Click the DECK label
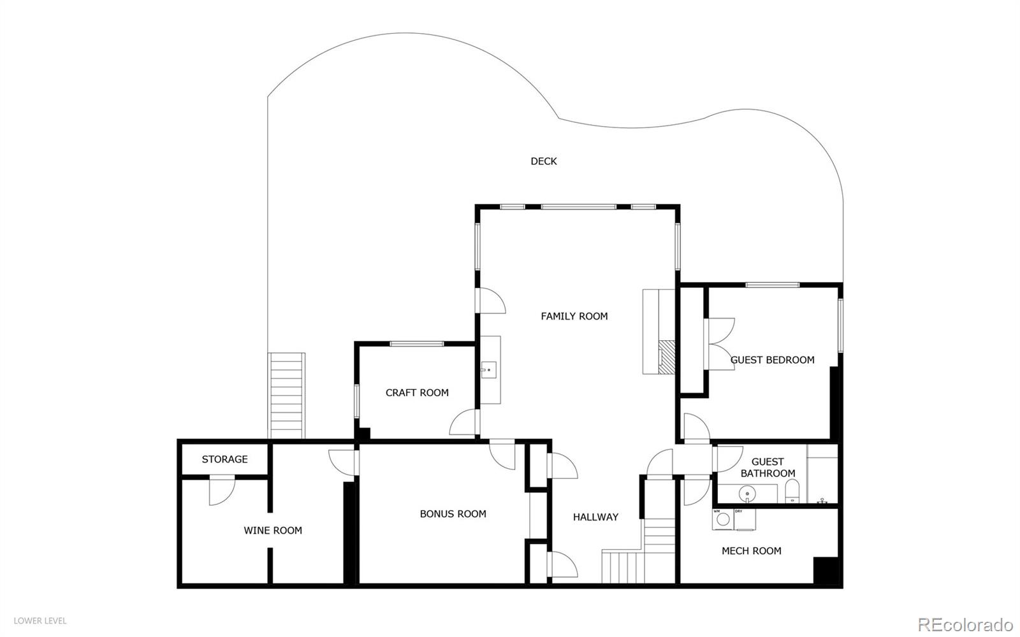544,161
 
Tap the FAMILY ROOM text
574,316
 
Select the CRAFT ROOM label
417,392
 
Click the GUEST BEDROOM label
772,360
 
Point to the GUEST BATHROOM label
768,468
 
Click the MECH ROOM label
751,551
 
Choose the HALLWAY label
595,517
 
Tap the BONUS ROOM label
453,513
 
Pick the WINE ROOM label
273,530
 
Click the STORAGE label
224,459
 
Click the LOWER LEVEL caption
40,620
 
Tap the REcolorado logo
965,623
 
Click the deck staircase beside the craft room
286,396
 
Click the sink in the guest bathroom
747,494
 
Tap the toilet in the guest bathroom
792,492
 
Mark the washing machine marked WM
722,519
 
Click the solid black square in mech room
827,571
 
